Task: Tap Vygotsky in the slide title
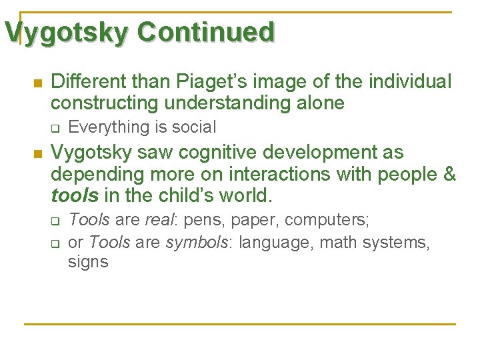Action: (65, 31)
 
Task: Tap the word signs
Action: (87, 262)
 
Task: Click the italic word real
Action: (159, 220)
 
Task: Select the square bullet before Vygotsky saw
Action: (37, 153)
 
